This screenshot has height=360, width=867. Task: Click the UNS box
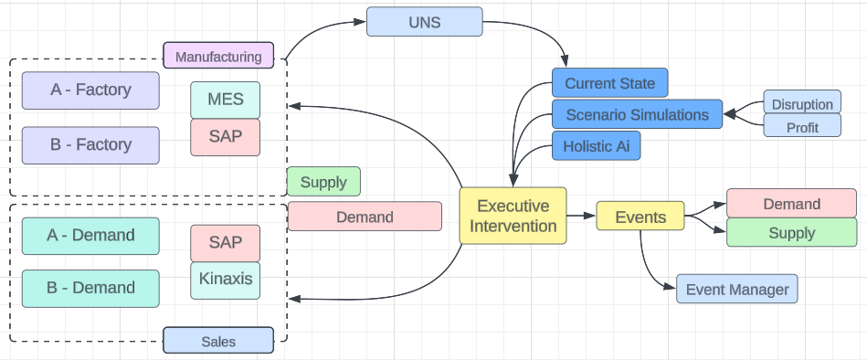pos(424,22)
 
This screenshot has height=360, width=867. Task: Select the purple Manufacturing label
pos(217,56)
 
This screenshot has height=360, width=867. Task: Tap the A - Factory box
pos(90,90)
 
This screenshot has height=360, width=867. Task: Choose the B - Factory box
pos(90,144)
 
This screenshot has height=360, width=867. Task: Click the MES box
pos(225,99)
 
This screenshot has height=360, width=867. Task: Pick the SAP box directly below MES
pos(225,137)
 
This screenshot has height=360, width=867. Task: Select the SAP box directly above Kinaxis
pos(225,242)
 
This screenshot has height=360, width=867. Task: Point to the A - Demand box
pos(90,235)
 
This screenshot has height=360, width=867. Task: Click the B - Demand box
pos(90,288)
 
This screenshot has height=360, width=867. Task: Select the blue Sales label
pos(217,341)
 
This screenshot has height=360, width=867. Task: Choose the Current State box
pos(609,83)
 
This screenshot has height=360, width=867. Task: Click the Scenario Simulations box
pos(637,114)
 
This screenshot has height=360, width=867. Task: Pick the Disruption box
pos(801,103)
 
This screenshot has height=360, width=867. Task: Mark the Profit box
pos(801,126)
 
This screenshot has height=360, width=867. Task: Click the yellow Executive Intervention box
pos(512,216)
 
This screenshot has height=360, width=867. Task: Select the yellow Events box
pos(640,217)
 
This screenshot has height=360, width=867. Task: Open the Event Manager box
pos(736,290)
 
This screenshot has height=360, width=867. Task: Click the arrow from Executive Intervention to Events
pos(580,217)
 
